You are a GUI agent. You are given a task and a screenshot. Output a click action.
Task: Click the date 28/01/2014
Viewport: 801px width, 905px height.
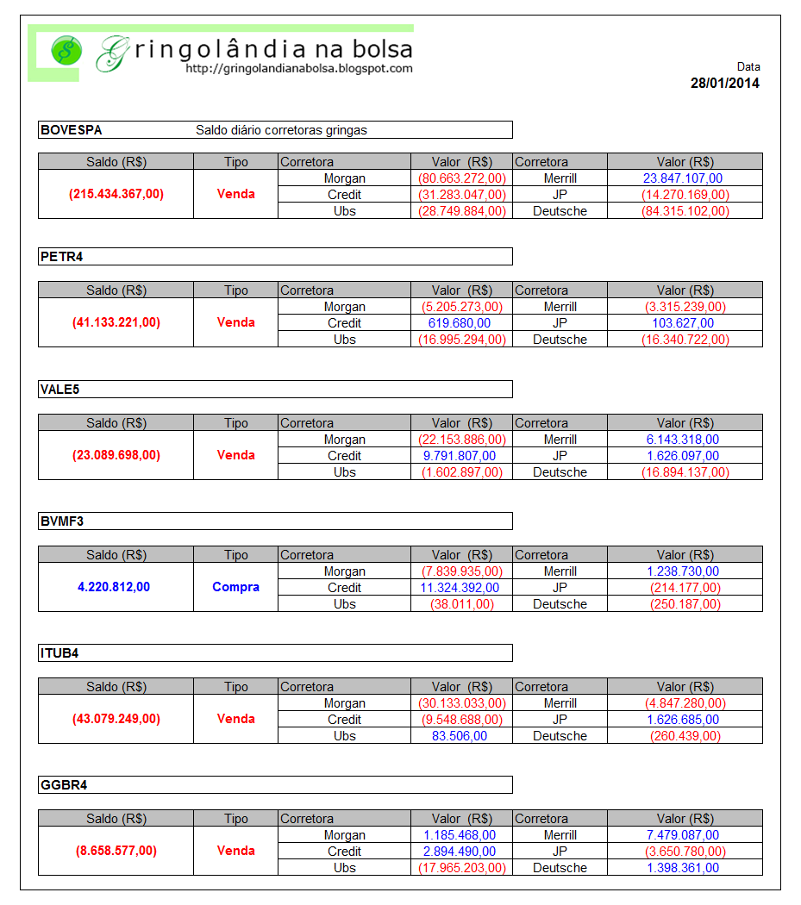724,84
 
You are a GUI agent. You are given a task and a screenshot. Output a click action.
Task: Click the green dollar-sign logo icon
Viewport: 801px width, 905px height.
65,51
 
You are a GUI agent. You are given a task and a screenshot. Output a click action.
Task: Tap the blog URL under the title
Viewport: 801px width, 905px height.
299,69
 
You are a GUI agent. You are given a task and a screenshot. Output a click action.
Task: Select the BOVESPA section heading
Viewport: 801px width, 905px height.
72,130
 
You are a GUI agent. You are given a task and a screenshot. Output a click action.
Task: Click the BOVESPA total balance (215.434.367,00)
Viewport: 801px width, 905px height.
116,194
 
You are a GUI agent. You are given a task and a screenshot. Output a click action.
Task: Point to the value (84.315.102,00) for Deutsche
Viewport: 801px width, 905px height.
685,211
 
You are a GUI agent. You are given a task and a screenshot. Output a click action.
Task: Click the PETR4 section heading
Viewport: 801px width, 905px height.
61,257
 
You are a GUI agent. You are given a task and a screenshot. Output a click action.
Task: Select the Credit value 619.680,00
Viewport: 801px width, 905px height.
459,323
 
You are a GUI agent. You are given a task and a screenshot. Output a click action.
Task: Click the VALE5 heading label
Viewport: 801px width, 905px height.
60,390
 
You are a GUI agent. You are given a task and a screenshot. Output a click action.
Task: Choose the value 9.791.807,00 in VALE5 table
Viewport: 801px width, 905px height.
459,456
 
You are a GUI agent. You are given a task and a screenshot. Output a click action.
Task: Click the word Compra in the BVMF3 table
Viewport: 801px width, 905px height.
235,587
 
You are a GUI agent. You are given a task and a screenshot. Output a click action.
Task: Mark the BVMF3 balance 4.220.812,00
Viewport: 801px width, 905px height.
114,587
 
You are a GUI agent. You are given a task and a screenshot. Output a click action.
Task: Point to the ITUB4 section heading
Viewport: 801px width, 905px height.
60,653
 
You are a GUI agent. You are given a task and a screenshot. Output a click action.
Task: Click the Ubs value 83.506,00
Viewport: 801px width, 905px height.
459,736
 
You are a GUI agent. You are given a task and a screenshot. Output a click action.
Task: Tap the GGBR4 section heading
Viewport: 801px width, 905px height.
64,785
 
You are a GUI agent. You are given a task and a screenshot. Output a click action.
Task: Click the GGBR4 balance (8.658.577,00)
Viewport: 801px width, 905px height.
116,851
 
